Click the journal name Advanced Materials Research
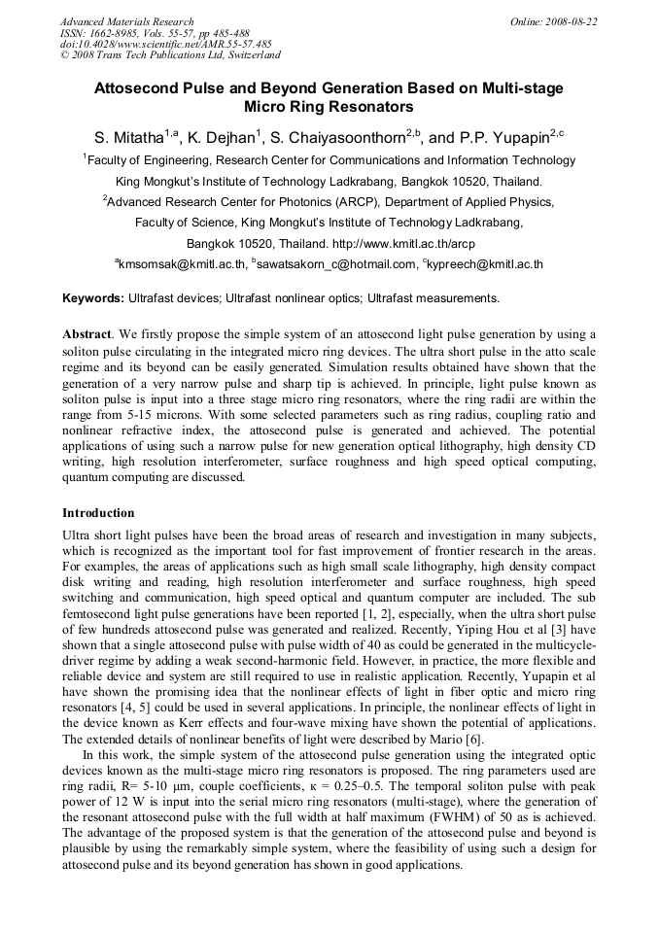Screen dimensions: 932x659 [x=126, y=21]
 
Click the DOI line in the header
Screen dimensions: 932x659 [x=165, y=44]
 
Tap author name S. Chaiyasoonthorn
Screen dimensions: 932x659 [x=332, y=137]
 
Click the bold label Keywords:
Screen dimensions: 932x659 [x=93, y=297]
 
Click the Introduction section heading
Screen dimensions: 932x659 [x=98, y=512]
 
